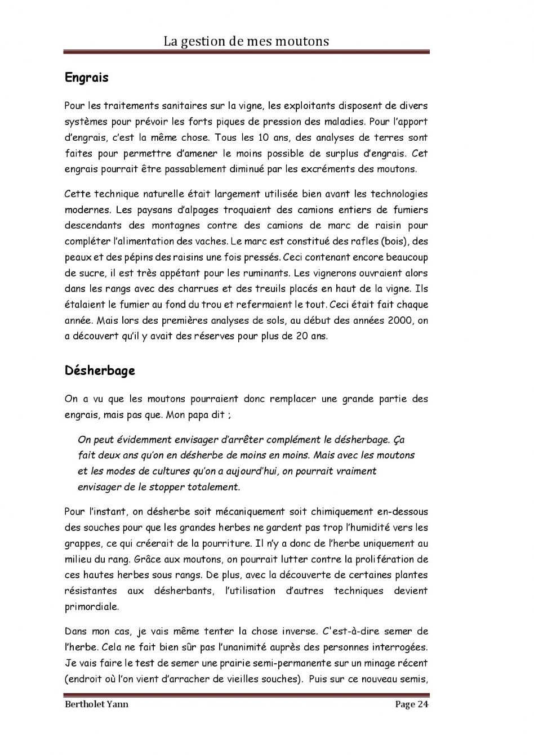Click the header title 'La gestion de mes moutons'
(246, 41)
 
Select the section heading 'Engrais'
(86, 77)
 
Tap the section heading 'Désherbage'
(100, 370)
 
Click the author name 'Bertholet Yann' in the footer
(96, 704)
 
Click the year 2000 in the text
(400, 320)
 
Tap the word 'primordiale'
(92, 607)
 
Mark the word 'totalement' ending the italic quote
(212, 487)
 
